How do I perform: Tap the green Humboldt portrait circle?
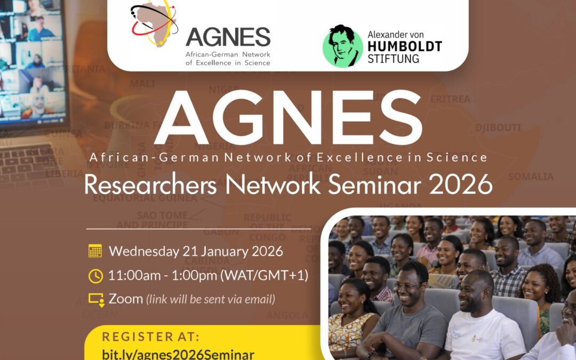[342, 46]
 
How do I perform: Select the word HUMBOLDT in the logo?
[404, 46]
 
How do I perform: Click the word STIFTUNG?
[393, 58]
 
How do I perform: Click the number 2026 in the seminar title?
[462, 185]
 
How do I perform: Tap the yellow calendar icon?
[95, 251]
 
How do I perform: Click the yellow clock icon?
[95, 275]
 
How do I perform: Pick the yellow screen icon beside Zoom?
[95, 299]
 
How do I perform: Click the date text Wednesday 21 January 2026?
[195, 251]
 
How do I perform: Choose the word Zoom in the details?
[126, 299]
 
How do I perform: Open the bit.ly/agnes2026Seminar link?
[178, 354]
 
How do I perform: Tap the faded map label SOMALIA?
[531, 177]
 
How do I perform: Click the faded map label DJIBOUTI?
[498, 127]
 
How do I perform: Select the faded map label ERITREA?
[450, 99]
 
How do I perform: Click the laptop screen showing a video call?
[32, 59]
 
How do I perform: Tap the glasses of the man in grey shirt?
[406, 286]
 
